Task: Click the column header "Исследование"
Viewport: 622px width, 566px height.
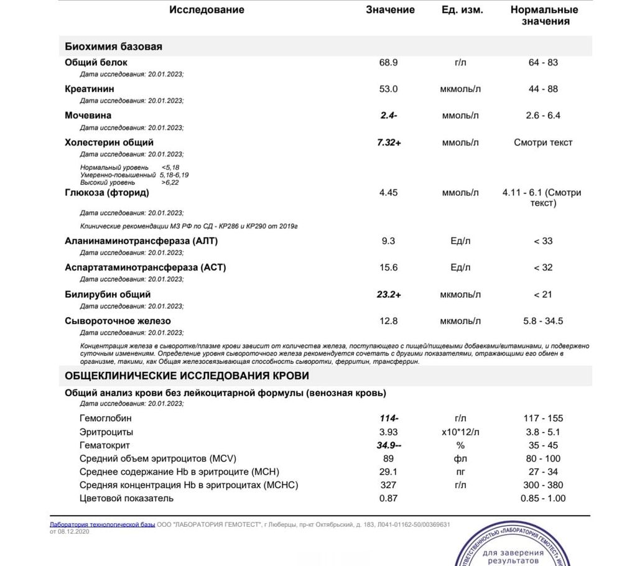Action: pos(207,10)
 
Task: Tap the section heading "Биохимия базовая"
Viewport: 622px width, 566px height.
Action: pos(113,47)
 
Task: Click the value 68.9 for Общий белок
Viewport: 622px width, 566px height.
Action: pos(389,63)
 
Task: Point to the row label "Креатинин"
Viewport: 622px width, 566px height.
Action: pos(90,89)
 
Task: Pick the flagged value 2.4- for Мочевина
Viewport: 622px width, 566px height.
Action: pos(389,116)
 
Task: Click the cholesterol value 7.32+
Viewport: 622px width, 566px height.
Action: pos(389,142)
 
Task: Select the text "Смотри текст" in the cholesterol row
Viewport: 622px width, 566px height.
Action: pos(543,142)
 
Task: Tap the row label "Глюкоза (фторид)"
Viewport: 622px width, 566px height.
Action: pos(107,193)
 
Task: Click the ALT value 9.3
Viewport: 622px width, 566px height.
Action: pos(389,241)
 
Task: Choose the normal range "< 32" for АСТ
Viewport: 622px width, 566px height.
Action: pos(543,267)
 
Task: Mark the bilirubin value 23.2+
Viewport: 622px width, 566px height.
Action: pos(389,295)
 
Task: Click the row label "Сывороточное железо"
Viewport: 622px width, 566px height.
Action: pos(118,322)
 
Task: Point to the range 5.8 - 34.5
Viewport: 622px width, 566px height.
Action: pos(543,322)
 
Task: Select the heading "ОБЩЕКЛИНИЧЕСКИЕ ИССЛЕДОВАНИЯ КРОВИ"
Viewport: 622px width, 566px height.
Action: pos(187,376)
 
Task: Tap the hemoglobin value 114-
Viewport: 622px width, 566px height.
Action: pos(389,419)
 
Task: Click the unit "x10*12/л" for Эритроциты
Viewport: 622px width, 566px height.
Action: pos(460,432)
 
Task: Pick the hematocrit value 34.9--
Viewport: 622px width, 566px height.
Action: pos(389,446)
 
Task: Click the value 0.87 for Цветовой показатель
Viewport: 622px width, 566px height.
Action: pos(389,499)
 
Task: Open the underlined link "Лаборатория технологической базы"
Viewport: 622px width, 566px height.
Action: pos(102,525)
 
